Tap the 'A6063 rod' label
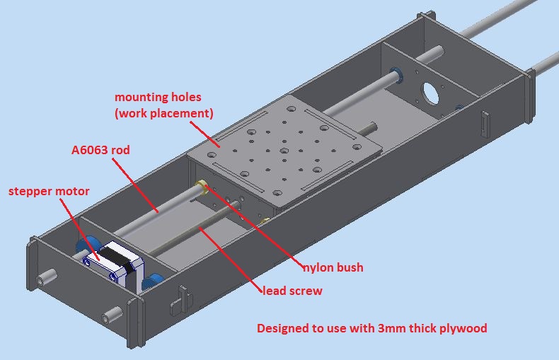[100, 150]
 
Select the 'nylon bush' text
[333, 267]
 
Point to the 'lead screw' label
[292, 291]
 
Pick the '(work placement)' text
[163, 112]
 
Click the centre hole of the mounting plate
[282, 151]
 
